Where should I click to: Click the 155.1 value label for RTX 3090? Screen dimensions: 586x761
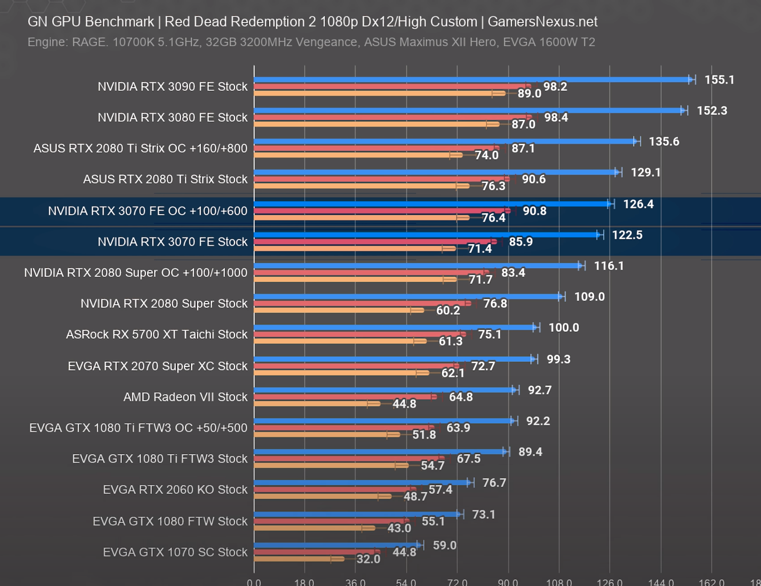(x=719, y=80)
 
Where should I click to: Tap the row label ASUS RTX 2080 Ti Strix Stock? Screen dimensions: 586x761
(x=165, y=179)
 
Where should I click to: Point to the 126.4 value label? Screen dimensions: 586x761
(x=638, y=204)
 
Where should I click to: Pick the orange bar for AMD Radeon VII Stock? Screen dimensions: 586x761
(x=317, y=404)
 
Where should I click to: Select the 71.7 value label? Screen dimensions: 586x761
(x=480, y=280)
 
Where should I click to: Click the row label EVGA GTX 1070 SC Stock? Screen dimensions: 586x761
(x=175, y=552)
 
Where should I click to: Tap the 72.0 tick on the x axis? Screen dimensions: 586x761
(x=457, y=582)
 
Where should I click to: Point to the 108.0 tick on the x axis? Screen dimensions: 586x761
(x=559, y=582)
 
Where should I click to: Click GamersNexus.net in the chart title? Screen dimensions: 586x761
(x=542, y=22)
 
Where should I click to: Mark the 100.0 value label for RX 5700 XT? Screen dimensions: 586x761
(x=563, y=328)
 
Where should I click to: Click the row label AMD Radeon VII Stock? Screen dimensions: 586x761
(x=185, y=397)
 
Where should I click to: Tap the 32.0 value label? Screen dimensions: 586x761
(x=368, y=559)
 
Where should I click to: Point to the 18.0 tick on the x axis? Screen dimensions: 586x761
(x=305, y=582)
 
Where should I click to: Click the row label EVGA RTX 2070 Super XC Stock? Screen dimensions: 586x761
(x=157, y=366)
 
